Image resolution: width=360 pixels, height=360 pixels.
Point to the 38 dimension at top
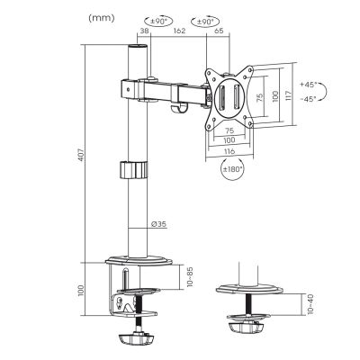(144, 31)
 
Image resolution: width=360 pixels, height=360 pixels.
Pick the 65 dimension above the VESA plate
(219, 31)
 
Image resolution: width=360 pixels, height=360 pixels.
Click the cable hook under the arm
(178, 110)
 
